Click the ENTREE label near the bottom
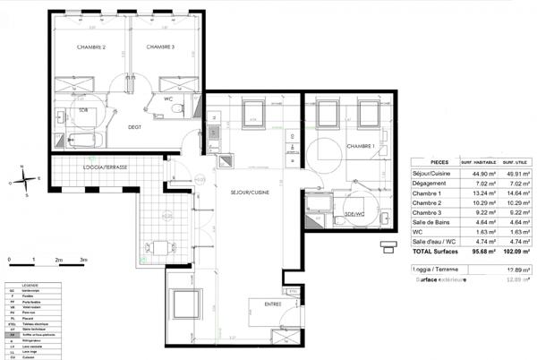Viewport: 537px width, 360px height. pyautogui.click(x=273, y=304)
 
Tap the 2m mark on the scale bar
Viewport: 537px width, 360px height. pyautogui.click(x=58, y=259)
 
